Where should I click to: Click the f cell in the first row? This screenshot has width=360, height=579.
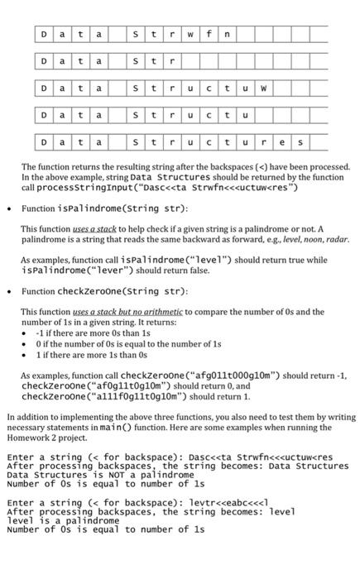[x=209, y=35]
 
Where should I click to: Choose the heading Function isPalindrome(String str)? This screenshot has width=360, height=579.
[x=105, y=208]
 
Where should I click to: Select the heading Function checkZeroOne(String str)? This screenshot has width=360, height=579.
[x=105, y=291]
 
